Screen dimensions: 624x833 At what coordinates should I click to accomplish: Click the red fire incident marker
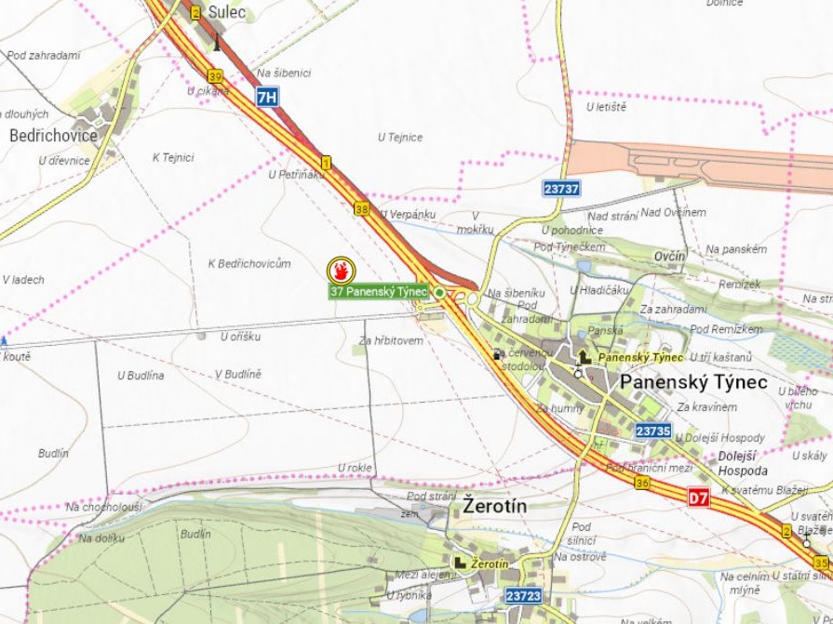click(x=341, y=271)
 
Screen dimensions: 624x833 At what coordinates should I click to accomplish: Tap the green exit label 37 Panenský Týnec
click(x=378, y=292)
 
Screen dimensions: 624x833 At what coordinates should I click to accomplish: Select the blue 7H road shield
click(x=267, y=96)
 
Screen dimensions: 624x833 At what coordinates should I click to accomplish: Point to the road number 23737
click(x=561, y=188)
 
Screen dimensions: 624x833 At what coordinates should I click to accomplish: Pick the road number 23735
click(x=653, y=431)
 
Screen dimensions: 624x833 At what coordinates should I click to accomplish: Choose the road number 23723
click(x=523, y=595)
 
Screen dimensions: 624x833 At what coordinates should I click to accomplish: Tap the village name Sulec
click(x=226, y=13)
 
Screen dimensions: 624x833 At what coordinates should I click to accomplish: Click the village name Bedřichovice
click(x=53, y=136)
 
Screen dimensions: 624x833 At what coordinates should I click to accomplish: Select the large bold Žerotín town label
click(x=494, y=507)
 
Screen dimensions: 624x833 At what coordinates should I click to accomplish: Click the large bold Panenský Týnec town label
click(x=693, y=382)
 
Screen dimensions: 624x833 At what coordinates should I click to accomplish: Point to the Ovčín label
click(x=669, y=256)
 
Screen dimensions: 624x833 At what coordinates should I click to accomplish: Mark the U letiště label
click(x=606, y=107)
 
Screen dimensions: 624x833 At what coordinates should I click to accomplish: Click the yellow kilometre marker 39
click(x=215, y=76)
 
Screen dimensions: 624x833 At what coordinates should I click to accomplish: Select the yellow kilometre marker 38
click(x=361, y=209)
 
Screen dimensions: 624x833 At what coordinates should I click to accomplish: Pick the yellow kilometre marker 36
click(x=641, y=483)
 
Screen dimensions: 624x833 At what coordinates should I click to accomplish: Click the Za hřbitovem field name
click(x=391, y=340)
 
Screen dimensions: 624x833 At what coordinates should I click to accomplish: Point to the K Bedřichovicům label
click(x=249, y=264)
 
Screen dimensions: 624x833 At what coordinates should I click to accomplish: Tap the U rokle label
click(x=355, y=467)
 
